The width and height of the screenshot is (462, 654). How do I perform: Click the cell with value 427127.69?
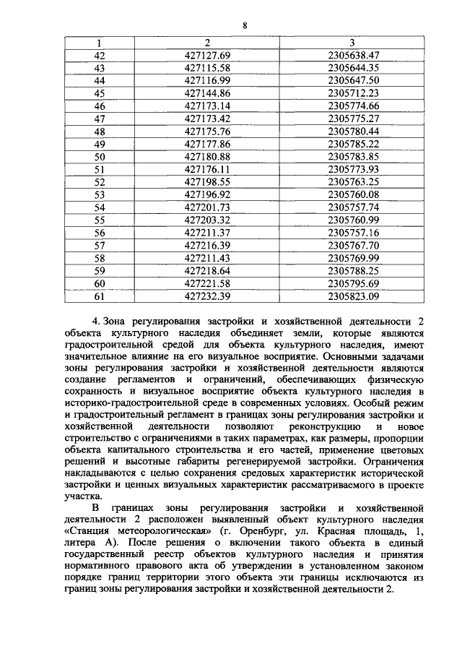click(x=207, y=56)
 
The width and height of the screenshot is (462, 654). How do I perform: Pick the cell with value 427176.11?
click(x=207, y=169)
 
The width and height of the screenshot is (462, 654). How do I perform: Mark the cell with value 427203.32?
click(x=207, y=220)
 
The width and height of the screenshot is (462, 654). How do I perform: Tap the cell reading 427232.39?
click(x=207, y=296)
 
